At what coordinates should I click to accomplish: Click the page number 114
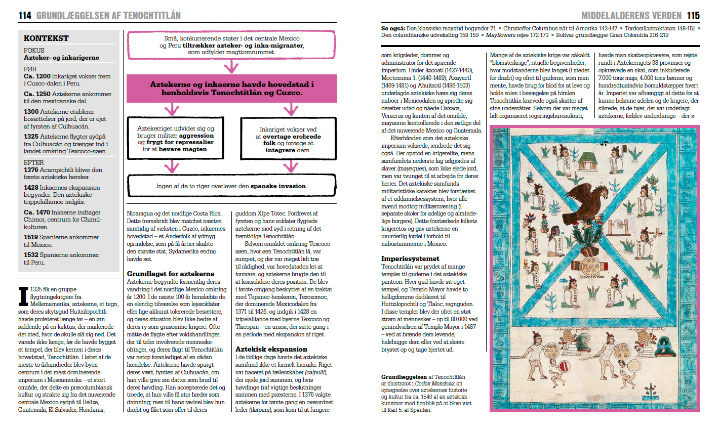coord(25,16)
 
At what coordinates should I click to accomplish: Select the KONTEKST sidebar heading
coord(46,38)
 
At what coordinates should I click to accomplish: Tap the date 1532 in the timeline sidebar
coord(31,255)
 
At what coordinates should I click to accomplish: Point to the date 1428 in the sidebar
coord(31,188)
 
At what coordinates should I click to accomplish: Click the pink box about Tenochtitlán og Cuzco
coord(231,89)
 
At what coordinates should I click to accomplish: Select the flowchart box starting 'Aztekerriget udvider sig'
coord(175,139)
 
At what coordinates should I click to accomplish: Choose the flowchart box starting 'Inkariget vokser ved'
coord(288,140)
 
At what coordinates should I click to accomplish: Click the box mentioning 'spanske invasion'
coord(231,186)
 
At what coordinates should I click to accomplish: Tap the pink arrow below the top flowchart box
coord(231,67)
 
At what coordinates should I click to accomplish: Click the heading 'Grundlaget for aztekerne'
coord(171,274)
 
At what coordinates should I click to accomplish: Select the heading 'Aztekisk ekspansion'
coord(271,349)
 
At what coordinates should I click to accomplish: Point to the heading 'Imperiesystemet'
coord(410,258)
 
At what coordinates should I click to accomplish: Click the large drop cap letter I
coord(23,296)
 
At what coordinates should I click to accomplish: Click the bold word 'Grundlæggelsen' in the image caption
coord(404,377)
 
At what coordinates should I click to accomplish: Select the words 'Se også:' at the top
coord(393,29)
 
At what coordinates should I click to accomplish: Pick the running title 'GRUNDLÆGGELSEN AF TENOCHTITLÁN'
coord(108,16)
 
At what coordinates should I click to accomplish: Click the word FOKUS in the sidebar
coord(34,50)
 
